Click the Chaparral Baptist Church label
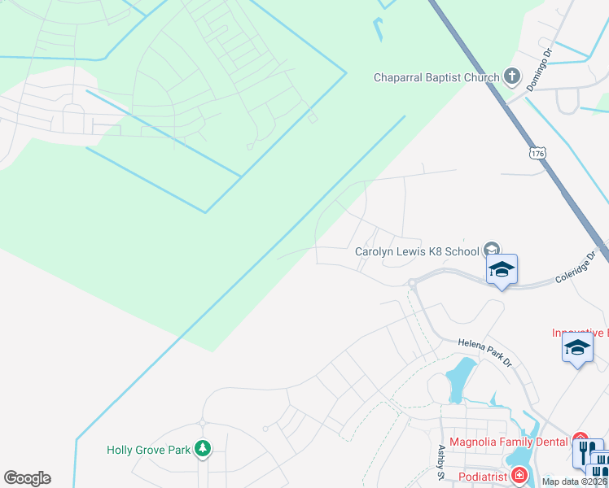click(436, 78)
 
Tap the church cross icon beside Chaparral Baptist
click(511, 77)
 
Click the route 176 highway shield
click(536, 152)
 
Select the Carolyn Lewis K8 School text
click(417, 251)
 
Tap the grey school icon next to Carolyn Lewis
click(491, 250)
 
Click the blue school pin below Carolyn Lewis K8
click(502, 270)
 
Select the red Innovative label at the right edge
click(580, 333)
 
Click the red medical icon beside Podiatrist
click(519, 475)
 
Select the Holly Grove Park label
click(149, 449)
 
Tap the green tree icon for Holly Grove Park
click(202, 448)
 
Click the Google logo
click(27, 478)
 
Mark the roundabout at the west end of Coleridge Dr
click(413, 283)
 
